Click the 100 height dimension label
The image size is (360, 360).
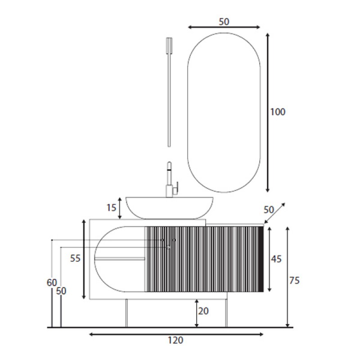point(278,112)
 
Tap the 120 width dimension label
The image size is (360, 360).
point(175,340)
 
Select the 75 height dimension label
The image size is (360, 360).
point(294,280)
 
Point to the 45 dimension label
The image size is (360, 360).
point(276,259)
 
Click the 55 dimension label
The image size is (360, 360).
point(75,258)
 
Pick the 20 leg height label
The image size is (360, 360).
point(203,311)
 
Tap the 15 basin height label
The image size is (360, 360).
point(111,208)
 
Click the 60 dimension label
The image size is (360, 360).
point(52,283)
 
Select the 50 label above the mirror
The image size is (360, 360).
point(224,22)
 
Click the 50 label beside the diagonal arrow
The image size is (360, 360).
point(269,210)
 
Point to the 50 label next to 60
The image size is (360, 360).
point(61,291)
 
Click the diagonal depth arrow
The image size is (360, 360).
point(274,213)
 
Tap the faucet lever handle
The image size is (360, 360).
point(175,189)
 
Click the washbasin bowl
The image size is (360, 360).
point(170,208)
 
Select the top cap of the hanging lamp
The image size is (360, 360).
point(169,43)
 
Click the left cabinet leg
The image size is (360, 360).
point(126,313)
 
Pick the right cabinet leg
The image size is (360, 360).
point(226,313)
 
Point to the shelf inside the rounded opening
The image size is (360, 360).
point(120,259)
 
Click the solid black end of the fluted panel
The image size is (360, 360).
point(261,259)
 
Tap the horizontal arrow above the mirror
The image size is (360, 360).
point(224,27)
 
